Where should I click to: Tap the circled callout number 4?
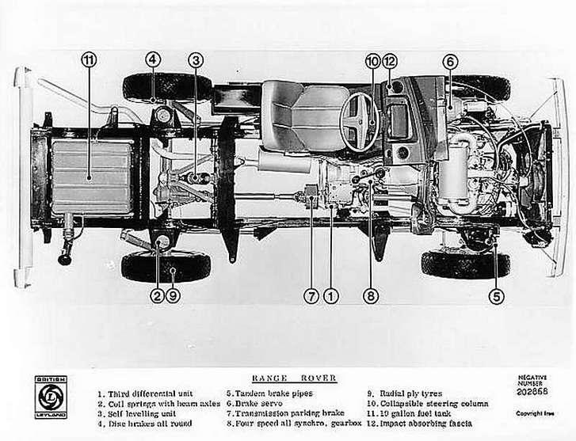point(152,59)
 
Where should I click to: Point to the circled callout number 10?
point(372,60)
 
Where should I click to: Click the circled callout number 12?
point(390,60)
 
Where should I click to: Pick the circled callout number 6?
point(449,60)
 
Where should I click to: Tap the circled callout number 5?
point(496,297)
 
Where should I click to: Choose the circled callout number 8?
point(371,297)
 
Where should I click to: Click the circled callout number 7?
point(311,297)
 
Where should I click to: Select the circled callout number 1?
point(330,297)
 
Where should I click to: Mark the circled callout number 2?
point(157,297)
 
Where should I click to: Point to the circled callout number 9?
point(174,297)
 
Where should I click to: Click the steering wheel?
point(361,120)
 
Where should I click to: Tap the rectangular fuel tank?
point(92,177)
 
